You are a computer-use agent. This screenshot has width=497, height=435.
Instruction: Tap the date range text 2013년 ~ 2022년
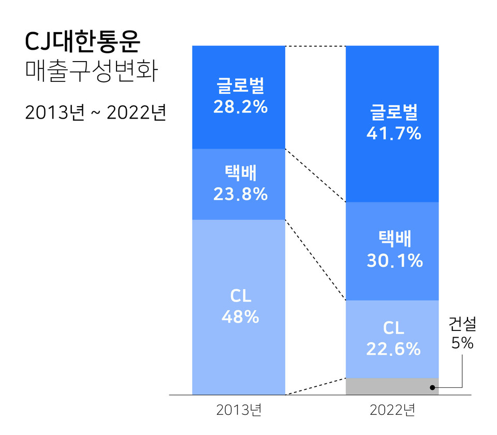(x=95, y=113)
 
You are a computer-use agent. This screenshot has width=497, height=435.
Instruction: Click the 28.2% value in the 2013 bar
(x=240, y=107)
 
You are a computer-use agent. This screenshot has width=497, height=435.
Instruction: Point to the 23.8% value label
(x=240, y=194)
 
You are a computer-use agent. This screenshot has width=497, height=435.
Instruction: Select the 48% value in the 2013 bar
(x=240, y=317)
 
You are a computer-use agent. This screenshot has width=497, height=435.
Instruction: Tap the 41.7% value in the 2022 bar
(x=393, y=134)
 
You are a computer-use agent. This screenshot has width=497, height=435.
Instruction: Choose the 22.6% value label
(x=393, y=349)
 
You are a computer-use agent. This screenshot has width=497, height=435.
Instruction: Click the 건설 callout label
(x=462, y=325)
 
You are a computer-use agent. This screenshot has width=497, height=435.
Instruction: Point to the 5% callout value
(x=462, y=343)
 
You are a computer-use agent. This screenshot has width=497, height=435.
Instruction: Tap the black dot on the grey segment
(x=432, y=386)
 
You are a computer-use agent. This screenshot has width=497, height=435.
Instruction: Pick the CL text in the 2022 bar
(x=393, y=328)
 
